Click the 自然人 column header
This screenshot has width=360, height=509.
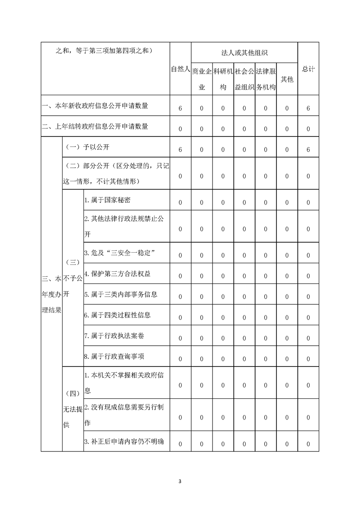(x=180, y=69)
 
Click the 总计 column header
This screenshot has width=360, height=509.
(x=308, y=69)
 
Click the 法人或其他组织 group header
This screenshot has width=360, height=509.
(x=244, y=53)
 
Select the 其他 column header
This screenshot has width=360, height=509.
(x=287, y=79)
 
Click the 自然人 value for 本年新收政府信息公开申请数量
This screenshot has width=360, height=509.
(x=180, y=108)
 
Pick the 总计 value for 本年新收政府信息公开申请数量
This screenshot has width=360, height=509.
(x=308, y=108)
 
